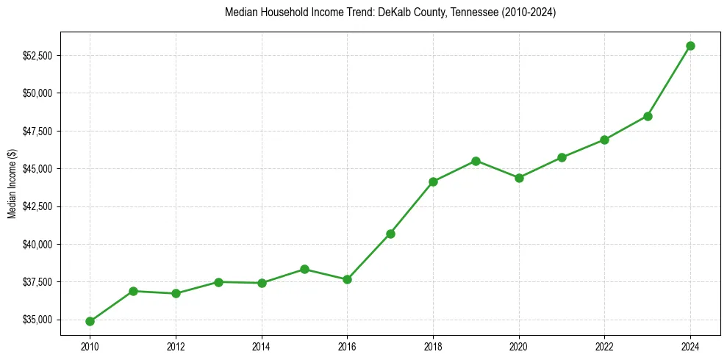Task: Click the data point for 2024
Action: tap(690, 46)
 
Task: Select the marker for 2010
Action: tap(90, 321)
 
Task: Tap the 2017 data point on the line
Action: tap(390, 234)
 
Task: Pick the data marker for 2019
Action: tap(476, 161)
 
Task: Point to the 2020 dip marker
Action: tap(519, 178)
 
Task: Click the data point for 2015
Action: tap(304, 269)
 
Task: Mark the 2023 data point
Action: tap(648, 116)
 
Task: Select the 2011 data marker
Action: tap(133, 291)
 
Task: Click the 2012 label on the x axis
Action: tap(176, 345)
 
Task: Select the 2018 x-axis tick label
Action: tap(433, 345)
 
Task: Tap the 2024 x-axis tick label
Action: tap(690, 345)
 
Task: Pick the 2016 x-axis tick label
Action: tap(347, 345)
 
